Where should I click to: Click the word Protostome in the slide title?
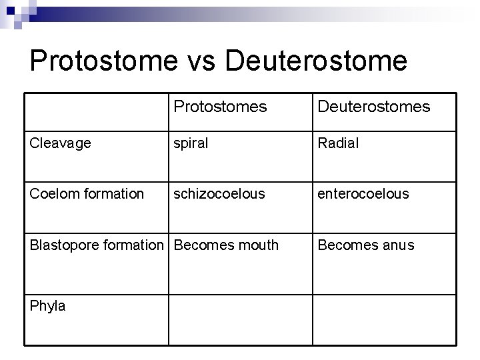103,61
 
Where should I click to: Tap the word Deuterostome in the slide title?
316,61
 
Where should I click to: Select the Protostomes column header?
219,107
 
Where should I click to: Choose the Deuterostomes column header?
373,107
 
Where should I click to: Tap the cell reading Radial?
338,143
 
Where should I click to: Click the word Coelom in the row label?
51,193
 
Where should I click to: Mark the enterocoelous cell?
363,193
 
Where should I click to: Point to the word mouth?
256,245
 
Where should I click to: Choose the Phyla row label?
48,306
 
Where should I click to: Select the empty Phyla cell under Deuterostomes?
384,319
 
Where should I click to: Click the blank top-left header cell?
96,111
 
